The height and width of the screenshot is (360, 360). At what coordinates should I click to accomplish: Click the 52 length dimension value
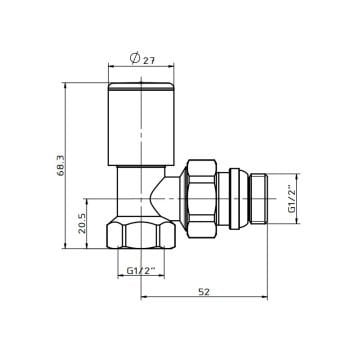click(204, 291)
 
